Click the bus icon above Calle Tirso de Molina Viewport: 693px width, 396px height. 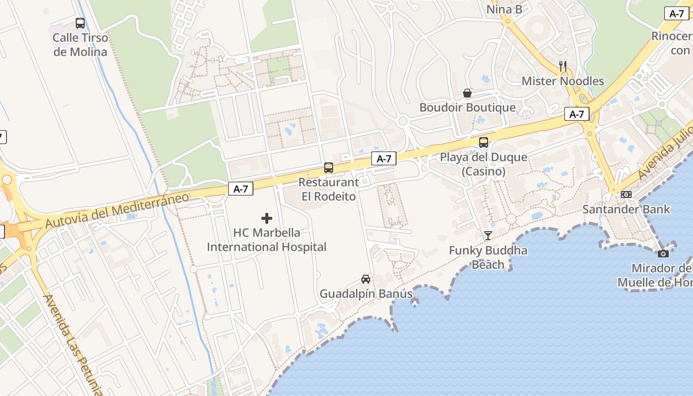coord(80,23)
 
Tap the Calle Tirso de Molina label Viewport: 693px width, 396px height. coord(80,45)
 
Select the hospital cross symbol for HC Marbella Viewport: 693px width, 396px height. coord(267,218)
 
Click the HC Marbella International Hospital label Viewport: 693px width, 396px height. coord(267,240)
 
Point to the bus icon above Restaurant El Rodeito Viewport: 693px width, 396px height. coord(329,168)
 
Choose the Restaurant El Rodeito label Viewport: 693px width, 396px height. coord(329,190)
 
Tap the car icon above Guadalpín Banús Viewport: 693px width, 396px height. coord(366,279)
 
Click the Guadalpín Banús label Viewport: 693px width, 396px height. coord(366,294)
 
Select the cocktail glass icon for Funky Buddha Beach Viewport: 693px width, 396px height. coord(488,236)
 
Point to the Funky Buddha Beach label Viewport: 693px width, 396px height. coord(488,257)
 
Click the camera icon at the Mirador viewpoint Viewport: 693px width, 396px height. coord(663,253)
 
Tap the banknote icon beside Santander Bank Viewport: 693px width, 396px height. coord(626,195)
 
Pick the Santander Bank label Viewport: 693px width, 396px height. coord(626,209)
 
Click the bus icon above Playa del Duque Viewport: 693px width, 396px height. coord(484,143)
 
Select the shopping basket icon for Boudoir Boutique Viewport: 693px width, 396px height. coord(467,93)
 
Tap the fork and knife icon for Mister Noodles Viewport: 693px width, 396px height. coord(563,66)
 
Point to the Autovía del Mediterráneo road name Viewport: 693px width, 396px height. coord(117,210)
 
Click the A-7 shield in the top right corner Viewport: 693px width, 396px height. coord(677,14)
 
